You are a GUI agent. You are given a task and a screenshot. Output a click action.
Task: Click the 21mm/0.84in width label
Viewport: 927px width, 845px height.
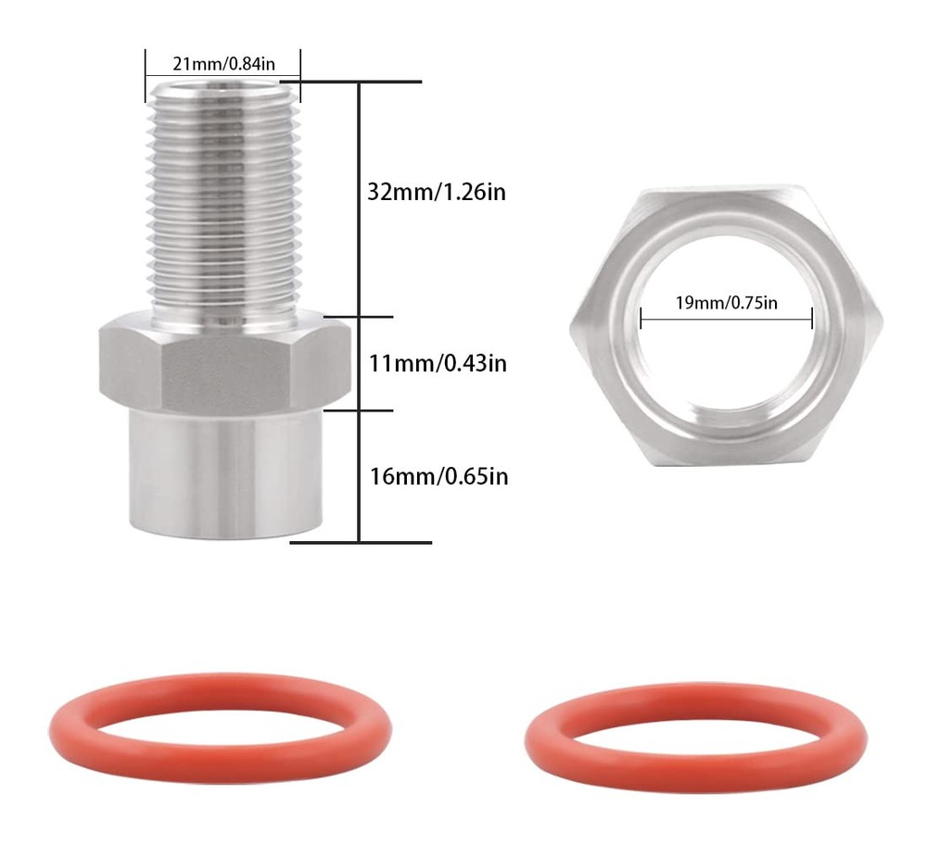(222, 64)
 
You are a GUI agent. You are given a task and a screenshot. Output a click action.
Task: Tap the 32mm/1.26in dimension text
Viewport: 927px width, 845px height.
(437, 193)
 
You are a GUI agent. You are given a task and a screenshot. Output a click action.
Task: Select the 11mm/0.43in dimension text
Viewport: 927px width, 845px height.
(438, 362)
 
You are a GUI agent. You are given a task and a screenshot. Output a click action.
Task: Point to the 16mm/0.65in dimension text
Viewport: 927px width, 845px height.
(438, 476)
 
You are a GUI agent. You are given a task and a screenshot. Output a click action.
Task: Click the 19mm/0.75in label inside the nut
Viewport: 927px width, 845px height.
(726, 303)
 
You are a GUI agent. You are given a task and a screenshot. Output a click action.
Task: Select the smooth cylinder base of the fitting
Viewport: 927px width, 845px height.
(222, 473)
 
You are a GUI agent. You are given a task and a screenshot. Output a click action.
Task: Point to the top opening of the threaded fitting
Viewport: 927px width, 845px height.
(222, 86)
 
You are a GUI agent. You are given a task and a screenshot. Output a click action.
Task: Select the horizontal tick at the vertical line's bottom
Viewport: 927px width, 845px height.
(362, 542)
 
